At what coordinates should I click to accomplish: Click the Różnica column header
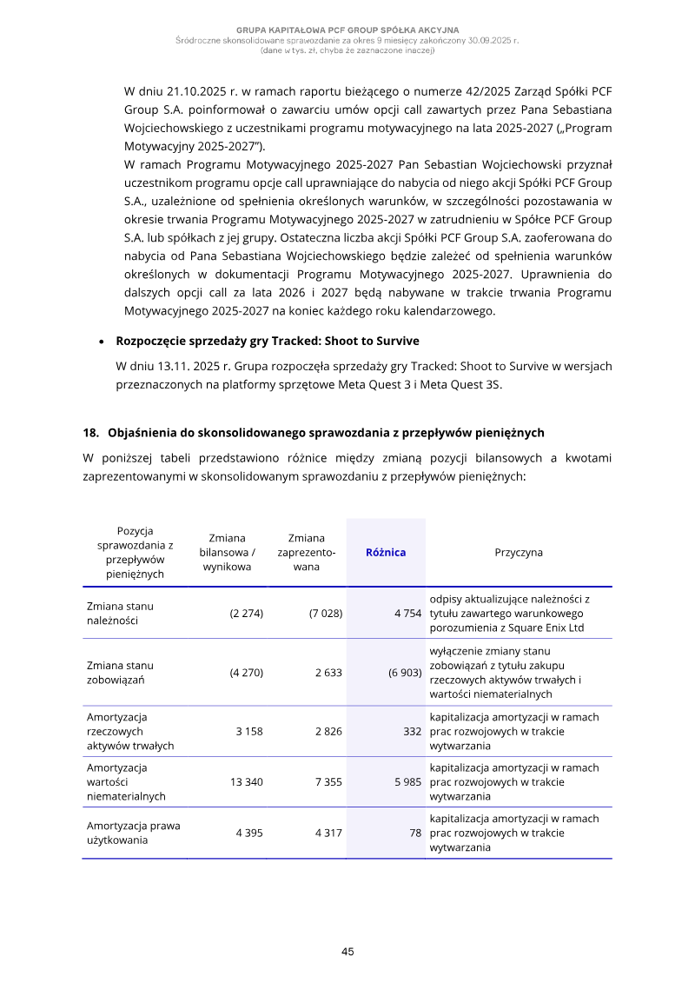click(386, 553)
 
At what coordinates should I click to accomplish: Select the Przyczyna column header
click(519, 553)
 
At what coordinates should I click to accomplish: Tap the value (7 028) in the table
click(326, 614)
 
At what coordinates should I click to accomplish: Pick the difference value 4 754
click(407, 614)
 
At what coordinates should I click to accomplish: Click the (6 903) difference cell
click(405, 673)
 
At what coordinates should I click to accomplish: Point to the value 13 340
click(247, 782)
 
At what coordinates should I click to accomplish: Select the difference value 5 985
click(407, 782)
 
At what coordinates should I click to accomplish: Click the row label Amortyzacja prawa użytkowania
click(133, 833)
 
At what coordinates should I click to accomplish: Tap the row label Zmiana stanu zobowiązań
click(120, 673)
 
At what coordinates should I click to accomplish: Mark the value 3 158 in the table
click(249, 732)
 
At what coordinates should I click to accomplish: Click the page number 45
click(347, 952)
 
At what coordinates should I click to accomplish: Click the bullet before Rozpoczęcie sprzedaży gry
click(103, 342)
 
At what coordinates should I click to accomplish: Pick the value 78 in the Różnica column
click(414, 833)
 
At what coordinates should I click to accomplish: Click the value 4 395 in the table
click(249, 833)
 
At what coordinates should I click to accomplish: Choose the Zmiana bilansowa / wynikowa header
click(227, 553)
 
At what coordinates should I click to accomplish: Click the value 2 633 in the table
click(328, 673)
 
